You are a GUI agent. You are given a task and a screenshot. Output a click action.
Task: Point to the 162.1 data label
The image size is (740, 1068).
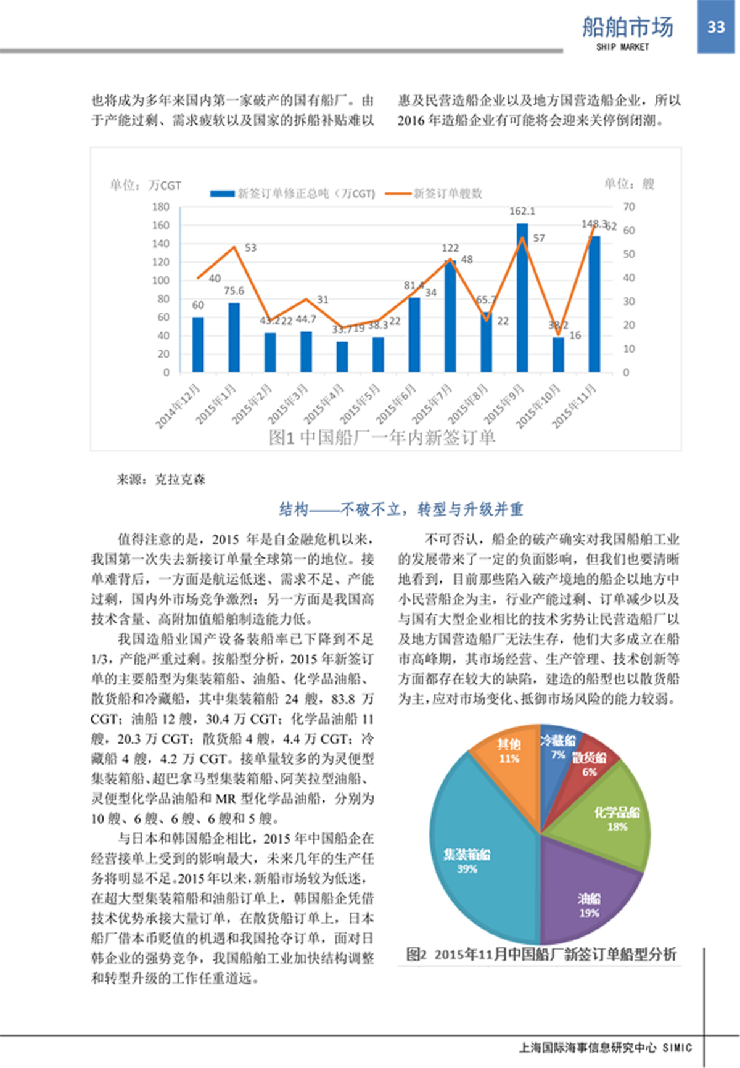[x=522, y=211]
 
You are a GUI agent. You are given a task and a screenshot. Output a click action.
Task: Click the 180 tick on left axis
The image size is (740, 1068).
[x=161, y=207]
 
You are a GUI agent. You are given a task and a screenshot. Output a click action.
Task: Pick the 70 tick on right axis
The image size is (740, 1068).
[x=628, y=207]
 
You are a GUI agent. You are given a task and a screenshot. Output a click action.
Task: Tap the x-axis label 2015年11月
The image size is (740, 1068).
[x=574, y=405]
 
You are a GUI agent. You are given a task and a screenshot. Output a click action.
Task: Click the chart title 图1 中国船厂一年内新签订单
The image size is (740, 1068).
[x=382, y=437]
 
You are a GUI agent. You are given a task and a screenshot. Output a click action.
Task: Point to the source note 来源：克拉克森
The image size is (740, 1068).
[x=161, y=479]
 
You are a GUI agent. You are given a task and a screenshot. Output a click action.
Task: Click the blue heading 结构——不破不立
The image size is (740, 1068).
[x=401, y=509]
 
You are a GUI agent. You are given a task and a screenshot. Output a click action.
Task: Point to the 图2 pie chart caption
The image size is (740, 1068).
[x=541, y=955]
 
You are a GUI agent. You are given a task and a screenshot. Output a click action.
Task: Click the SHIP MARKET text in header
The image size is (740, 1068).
[x=622, y=47]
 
